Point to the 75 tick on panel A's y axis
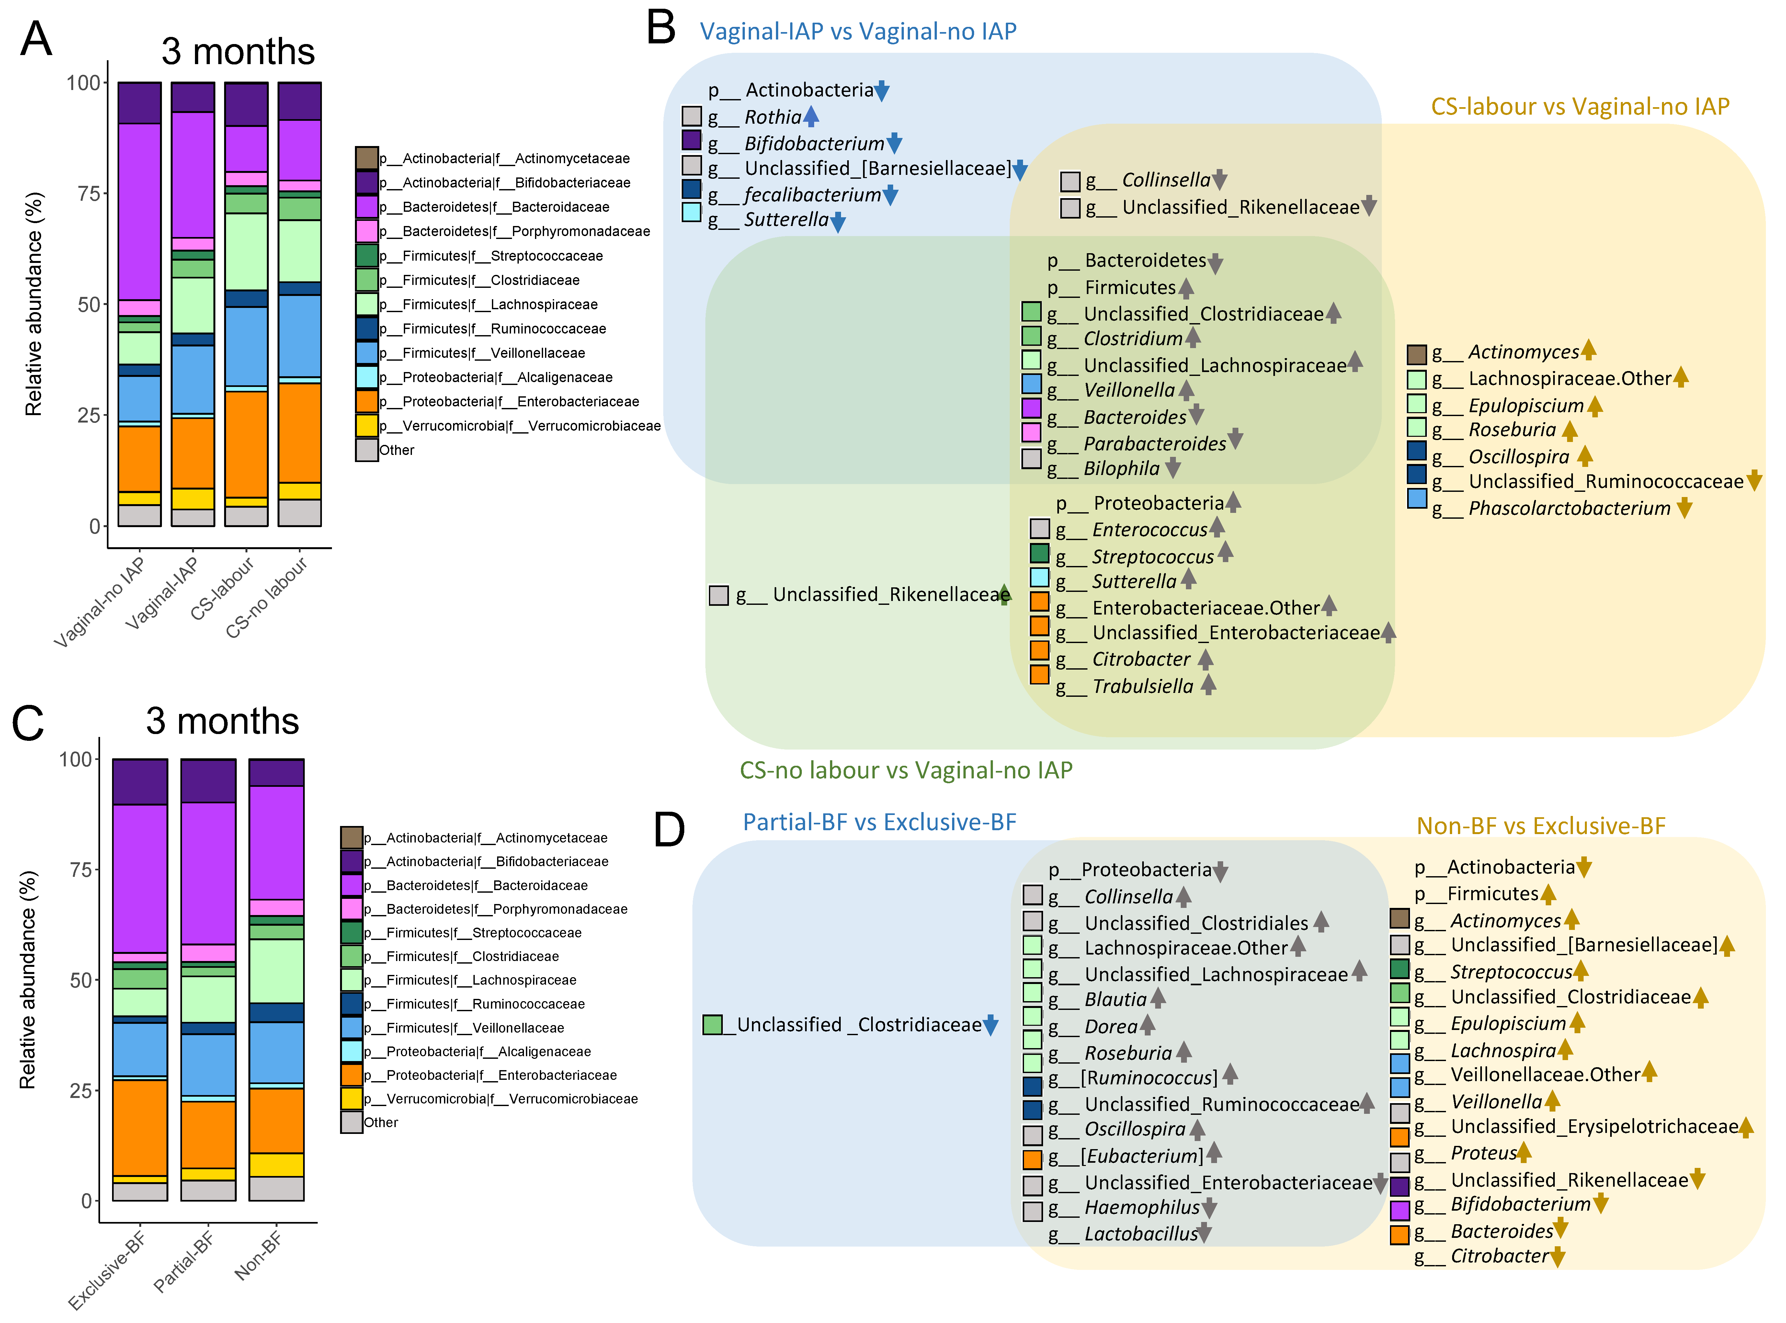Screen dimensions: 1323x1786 [x=83, y=194]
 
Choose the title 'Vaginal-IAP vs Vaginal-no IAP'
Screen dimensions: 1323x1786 [x=858, y=31]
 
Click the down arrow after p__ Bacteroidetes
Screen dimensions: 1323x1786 [x=1215, y=263]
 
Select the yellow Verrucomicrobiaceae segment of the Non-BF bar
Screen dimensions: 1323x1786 [x=276, y=1164]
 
